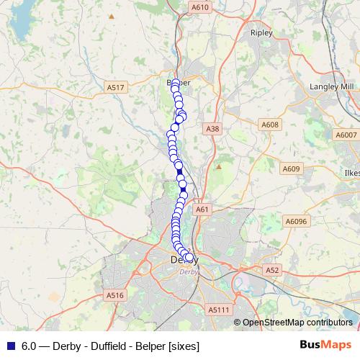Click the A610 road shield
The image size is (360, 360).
[x=200, y=7]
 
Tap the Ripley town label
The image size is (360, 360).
[x=258, y=32]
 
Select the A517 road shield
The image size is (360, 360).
[x=115, y=87]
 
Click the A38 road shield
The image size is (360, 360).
[x=212, y=129]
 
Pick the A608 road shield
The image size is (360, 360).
[x=269, y=125]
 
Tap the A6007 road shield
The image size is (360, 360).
[x=346, y=135]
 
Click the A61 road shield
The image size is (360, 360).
[x=202, y=210]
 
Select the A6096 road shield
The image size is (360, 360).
[x=296, y=222]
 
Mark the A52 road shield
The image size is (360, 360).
[x=271, y=270]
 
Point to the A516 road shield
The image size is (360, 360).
[x=115, y=295]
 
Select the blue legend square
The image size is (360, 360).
[x=10, y=346]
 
